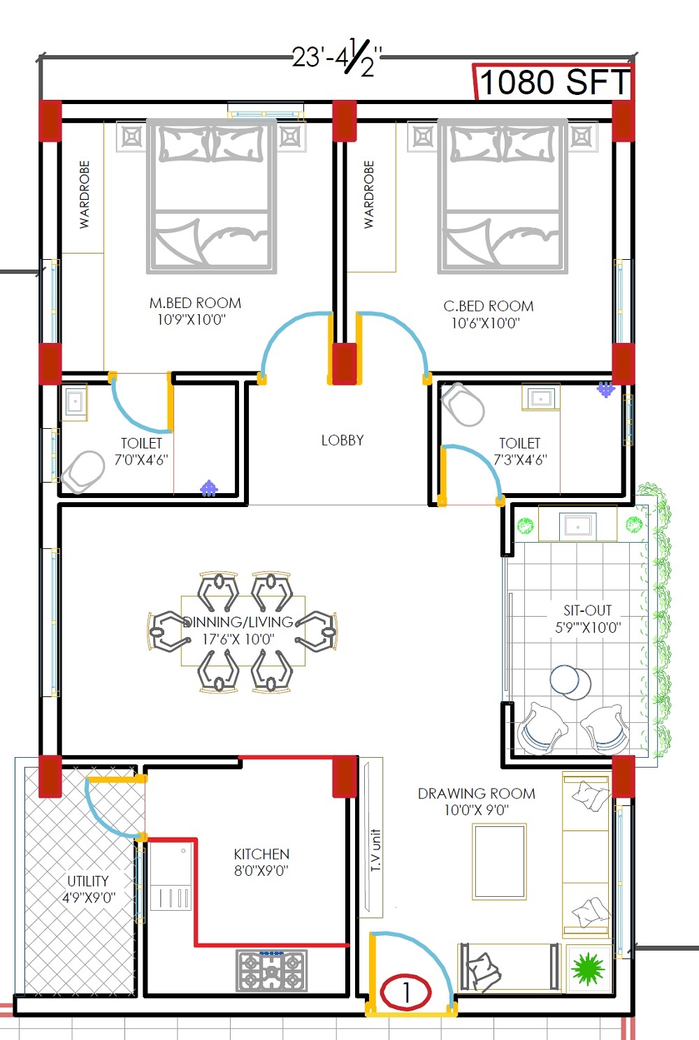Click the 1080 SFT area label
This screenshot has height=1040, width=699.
pyautogui.click(x=554, y=82)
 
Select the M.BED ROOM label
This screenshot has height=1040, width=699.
pyautogui.click(x=195, y=303)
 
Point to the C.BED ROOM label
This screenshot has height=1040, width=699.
pyautogui.click(x=489, y=307)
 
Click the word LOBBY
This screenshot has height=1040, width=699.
pyautogui.click(x=343, y=440)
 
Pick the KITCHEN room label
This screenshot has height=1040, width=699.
pyautogui.click(x=261, y=854)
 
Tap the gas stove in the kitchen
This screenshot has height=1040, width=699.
pyautogui.click(x=272, y=970)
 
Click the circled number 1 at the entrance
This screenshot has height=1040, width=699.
pyautogui.click(x=405, y=993)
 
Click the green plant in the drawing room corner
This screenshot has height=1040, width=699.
pyautogui.click(x=588, y=969)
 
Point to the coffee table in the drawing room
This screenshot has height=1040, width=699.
pyautogui.click(x=500, y=861)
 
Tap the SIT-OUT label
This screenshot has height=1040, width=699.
pyautogui.click(x=587, y=610)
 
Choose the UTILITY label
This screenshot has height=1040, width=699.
pyautogui.click(x=88, y=881)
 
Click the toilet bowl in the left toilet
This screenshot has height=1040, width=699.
pyautogui.click(x=83, y=471)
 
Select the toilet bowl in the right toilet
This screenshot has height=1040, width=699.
pyautogui.click(x=463, y=404)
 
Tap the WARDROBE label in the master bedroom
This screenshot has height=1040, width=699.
pyautogui.click(x=84, y=195)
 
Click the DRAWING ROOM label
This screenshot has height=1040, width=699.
pyautogui.click(x=477, y=793)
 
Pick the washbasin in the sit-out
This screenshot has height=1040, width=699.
pyautogui.click(x=577, y=526)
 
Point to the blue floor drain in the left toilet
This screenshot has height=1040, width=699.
pyautogui.click(x=209, y=488)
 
